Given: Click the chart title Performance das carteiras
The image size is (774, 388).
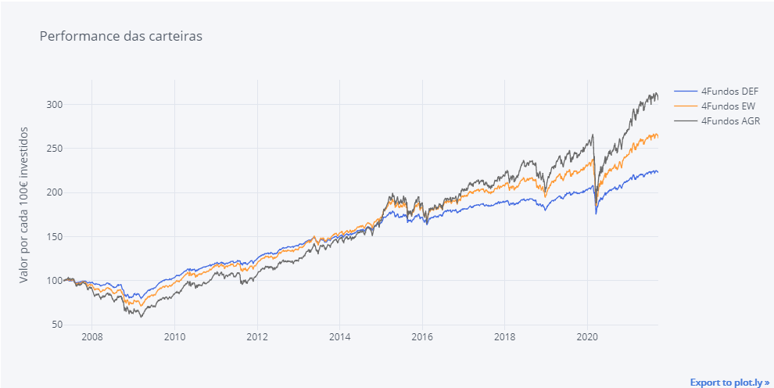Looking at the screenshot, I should pyautogui.click(x=120, y=36).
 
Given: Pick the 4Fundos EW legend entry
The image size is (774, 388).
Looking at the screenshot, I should pyautogui.click(x=724, y=106).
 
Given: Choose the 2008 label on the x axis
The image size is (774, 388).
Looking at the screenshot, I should pyautogui.click(x=91, y=338).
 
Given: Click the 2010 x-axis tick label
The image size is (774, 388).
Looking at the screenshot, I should pyautogui.click(x=174, y=338).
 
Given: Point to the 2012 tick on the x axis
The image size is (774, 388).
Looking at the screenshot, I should pyautogui.click(x=257, y=338).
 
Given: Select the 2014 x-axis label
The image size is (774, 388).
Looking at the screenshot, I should pyautogui.click(x=339, y=338).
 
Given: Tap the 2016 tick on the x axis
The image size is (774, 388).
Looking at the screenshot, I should pyautogui.click(x=422, y=338).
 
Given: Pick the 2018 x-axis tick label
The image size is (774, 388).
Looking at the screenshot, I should pyautogui.click(x=505, y=338).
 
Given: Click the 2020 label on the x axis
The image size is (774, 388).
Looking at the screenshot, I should pyautogui.click(x=587, y=338).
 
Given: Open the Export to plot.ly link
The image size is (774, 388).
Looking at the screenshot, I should pyautogui.click(x=729, y=383).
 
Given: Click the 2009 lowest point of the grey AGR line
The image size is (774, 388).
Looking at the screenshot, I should pyautogui.click(x=142, y=317).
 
